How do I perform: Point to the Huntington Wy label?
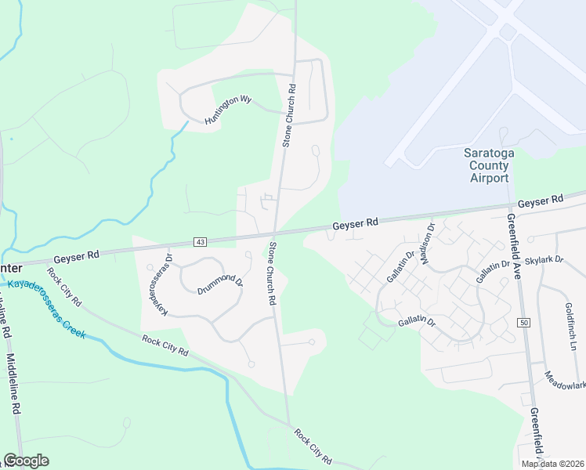[228, 110]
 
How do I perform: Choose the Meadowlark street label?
[565, 380]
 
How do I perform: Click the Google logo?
[26, 461]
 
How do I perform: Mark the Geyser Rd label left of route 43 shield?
[76, 256]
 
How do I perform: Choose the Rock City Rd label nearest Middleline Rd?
[64, 287]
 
